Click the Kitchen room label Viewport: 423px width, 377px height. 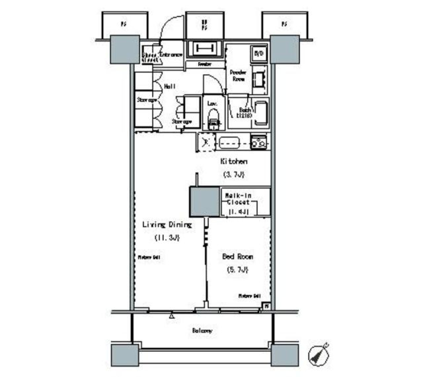234,162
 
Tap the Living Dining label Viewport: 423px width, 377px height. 167,225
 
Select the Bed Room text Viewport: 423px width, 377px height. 237,256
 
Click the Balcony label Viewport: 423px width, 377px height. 202,330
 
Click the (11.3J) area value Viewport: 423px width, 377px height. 167,238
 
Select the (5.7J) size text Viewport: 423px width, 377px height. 237,269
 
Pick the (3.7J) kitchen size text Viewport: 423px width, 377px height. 234,174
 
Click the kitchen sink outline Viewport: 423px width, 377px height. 229,143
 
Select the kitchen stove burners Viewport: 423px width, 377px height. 259,142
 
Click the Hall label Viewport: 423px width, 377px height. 170,87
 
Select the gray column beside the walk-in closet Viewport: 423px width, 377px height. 204,201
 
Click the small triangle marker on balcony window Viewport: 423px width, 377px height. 171,316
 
